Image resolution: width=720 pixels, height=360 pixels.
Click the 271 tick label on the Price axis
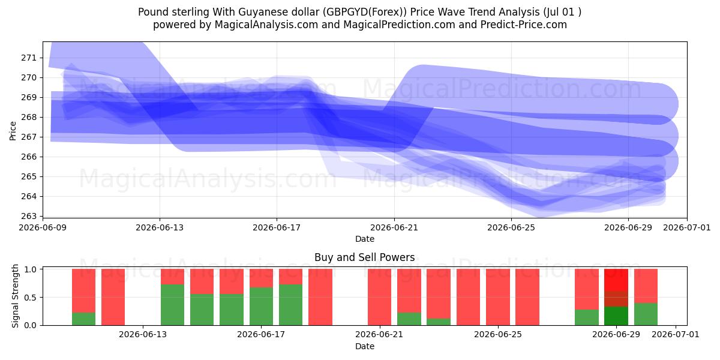pos(29,58)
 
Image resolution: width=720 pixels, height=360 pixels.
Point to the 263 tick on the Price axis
pos(29,216)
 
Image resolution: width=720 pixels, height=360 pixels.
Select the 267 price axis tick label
pos(29,137)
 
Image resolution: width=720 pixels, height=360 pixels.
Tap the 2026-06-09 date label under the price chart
pos(43,227)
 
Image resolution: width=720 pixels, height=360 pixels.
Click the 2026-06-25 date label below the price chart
pos(511,227)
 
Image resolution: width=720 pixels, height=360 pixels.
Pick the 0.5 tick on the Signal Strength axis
pos(31,298)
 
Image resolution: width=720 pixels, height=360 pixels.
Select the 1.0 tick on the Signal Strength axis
pos(31,269)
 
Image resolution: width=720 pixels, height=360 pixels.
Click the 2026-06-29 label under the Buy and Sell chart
pos(616,334)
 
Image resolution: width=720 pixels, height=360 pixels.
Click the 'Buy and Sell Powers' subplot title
pos(365,257)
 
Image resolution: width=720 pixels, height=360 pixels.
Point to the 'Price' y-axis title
pos(13,131)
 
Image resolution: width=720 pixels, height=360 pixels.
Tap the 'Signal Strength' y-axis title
pos(15,296)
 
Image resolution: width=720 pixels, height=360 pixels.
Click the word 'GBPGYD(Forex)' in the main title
pos(365,12)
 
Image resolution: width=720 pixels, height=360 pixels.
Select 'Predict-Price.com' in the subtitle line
pos(524,25)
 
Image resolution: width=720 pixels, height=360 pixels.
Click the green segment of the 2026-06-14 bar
pos(173,305)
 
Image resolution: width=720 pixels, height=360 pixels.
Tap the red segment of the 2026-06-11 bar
pos(83,290)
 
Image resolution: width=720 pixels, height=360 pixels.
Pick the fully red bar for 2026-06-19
pos(320,297)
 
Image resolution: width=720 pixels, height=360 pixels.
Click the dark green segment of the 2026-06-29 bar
pos(616,316)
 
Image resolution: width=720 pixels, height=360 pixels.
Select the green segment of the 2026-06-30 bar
pos(646,314)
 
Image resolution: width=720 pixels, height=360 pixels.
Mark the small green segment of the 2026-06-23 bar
pos(439,322)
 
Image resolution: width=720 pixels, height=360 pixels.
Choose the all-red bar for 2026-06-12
pos(113,297)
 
